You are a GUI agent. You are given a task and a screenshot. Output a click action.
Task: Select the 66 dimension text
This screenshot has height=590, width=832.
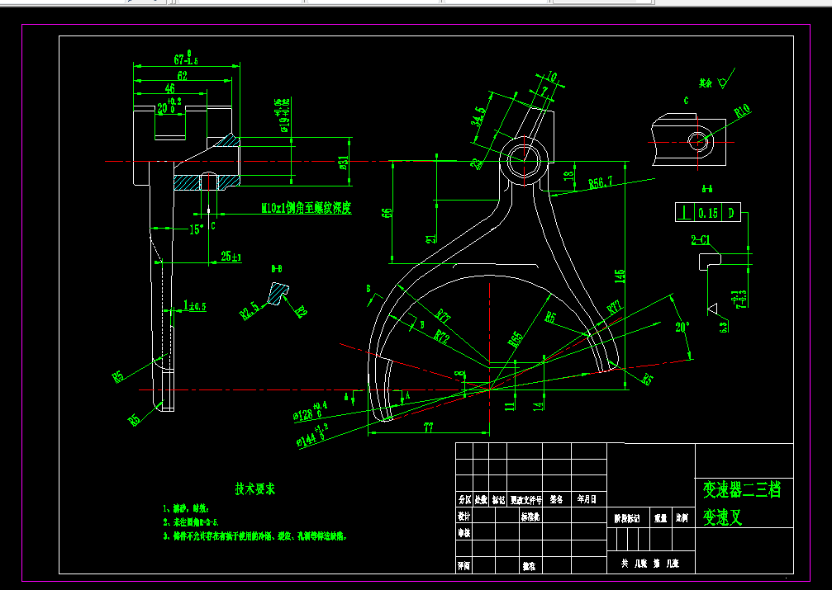click(x=387, y=212)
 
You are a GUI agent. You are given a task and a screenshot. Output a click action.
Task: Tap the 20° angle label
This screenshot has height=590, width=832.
click(x=681, y=327)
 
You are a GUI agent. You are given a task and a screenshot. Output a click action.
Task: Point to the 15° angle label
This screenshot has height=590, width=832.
click(x=196, y=230)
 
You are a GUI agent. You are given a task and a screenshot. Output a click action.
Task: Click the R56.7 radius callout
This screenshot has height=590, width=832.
click(x=600, y=182)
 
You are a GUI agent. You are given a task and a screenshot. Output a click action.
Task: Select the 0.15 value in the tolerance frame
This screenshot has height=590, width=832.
click(x=708, y=213)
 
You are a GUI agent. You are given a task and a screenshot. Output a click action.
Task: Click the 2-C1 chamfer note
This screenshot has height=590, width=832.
click(x=704, y=241)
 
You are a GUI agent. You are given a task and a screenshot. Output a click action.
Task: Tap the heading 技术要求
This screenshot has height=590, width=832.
click(x=255, y=489)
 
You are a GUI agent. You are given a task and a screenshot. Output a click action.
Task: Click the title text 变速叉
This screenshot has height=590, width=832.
click(x=723, y=518)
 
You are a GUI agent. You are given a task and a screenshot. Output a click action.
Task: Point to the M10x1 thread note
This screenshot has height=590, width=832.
click(x=306, y=209)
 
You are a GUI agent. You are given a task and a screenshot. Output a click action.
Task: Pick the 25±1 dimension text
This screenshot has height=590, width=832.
click(x=231, y=257)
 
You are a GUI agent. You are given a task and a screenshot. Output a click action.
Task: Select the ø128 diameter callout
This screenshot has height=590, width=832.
click(x=310, y=409)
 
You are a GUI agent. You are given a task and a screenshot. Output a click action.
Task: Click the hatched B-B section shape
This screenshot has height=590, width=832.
click(x=277, y=291)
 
